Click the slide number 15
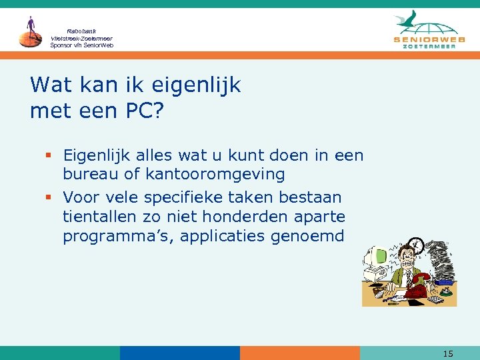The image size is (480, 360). coord(448,353)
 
